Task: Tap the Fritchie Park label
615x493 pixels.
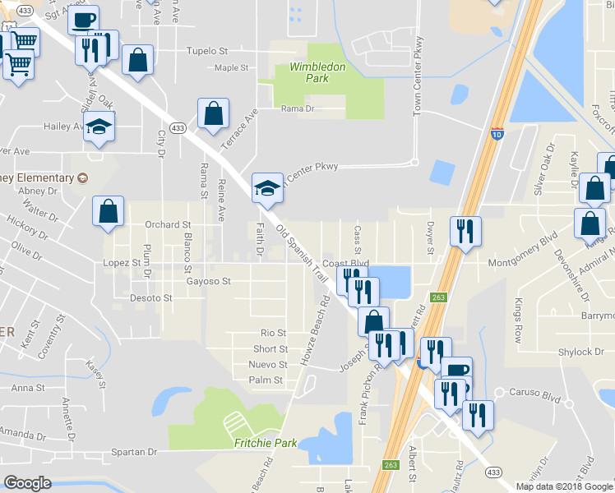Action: pyautogui.click(x=263, y=443)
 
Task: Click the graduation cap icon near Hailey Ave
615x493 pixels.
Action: pyautogui.click(x=99, y=127)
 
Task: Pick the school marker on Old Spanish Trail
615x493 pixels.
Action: pyautogui.click(x=267, y=189)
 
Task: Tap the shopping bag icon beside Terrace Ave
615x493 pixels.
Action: pyautogui.click(x=213, y=115)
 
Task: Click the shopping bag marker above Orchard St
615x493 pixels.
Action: pyautogui.click(x=109, y=212)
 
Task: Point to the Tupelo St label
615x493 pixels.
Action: pyautogui.click(x=206, y=51)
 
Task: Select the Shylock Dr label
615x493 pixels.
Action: pyautogui.click(x=580, y=352)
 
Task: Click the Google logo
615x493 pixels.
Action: pyautogui.click(x=28, y=482)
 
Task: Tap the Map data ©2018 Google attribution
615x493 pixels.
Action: pyautogui.click(x=563, y=486)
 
